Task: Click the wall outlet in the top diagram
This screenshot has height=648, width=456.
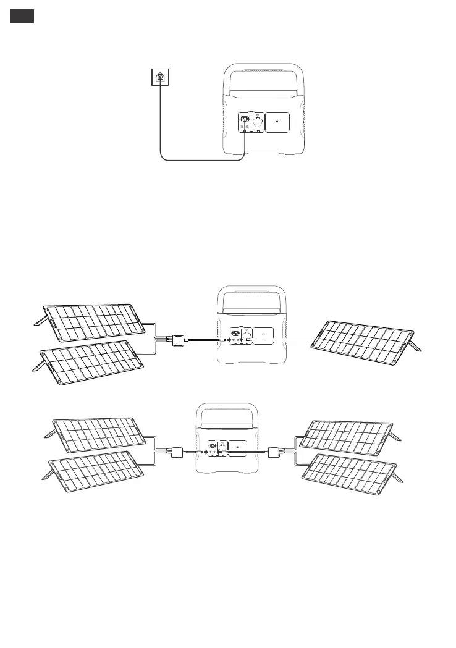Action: [161, 77]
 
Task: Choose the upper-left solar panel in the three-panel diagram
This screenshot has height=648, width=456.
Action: [93, 322]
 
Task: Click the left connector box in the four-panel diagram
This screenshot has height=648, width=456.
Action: [179, 453]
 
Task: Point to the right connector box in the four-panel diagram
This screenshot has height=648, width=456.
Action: [274, 452]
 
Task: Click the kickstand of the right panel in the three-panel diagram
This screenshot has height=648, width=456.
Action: [416, 343]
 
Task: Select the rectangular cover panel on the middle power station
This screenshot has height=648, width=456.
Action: [263, 336]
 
